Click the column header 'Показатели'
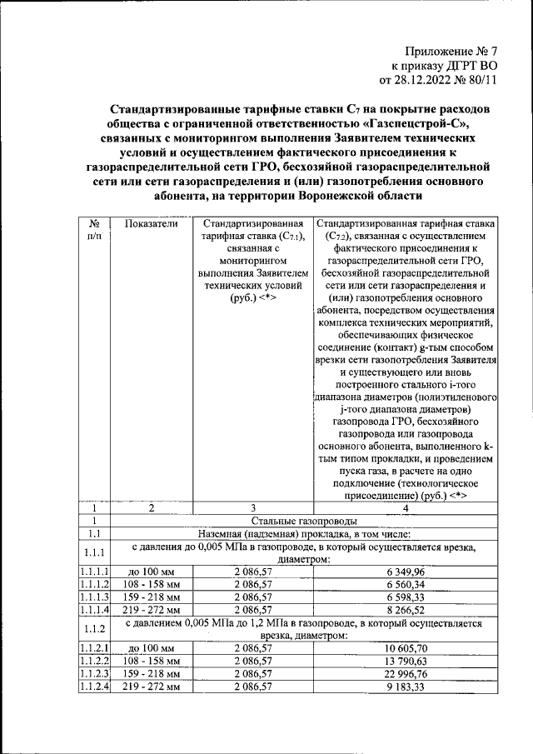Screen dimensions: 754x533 tap(151, 223)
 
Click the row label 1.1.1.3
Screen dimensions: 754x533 tap(95, 597)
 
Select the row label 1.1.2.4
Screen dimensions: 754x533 tap(95, 687)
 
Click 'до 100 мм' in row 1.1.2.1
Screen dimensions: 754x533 tap(151, 648)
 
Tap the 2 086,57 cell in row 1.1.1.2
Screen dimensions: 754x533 tap(252, 585)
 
